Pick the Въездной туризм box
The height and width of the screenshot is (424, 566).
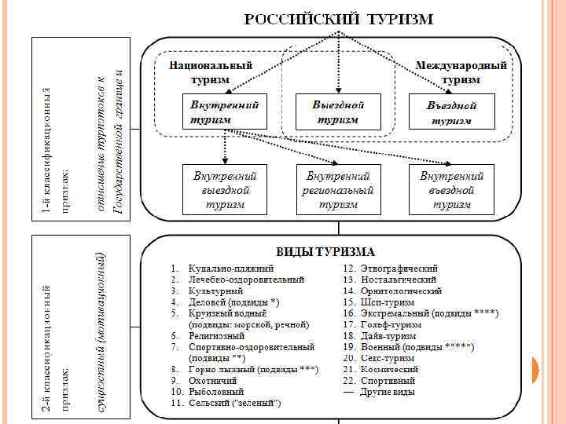point(451,112)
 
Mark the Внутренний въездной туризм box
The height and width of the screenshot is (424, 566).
point(451,190)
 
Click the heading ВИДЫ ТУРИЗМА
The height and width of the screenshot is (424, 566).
point(325,252)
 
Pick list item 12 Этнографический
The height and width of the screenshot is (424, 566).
point(400,269)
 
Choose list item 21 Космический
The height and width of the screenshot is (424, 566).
point(390,369)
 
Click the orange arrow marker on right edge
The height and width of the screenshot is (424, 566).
point(541,369)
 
